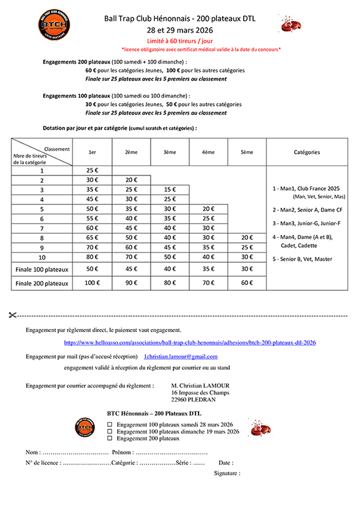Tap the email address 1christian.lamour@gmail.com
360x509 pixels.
(181, 356)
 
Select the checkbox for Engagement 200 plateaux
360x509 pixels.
(109, 438)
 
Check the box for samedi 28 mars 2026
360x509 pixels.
(109, 424)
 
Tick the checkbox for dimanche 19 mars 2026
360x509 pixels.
(109, 431)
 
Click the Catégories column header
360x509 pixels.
(307, 152)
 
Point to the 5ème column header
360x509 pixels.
(247, 152)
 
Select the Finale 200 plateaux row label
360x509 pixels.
(42, 283)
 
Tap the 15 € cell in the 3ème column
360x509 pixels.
(170, 189)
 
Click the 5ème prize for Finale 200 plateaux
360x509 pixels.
(247, 283)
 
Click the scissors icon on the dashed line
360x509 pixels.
(14, 315)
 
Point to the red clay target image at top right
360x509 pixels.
(290, 24)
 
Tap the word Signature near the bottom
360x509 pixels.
(227, 473)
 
